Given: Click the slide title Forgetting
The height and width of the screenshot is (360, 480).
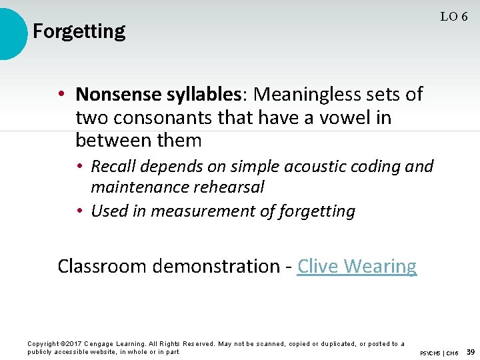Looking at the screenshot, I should click(79, 31).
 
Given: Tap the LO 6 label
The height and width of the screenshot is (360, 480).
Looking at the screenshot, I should click(453, 17).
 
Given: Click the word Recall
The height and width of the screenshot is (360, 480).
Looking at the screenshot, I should click(113, 166).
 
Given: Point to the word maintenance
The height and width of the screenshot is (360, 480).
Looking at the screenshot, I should click(139, 187).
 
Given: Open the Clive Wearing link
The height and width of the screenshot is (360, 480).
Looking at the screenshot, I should click(357, 266).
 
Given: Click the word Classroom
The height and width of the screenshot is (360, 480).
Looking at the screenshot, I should click(101, 266).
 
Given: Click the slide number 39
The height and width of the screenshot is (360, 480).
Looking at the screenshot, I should click(470, 351).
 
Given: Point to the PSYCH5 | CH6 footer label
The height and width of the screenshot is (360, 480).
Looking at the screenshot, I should click(439, 352).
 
